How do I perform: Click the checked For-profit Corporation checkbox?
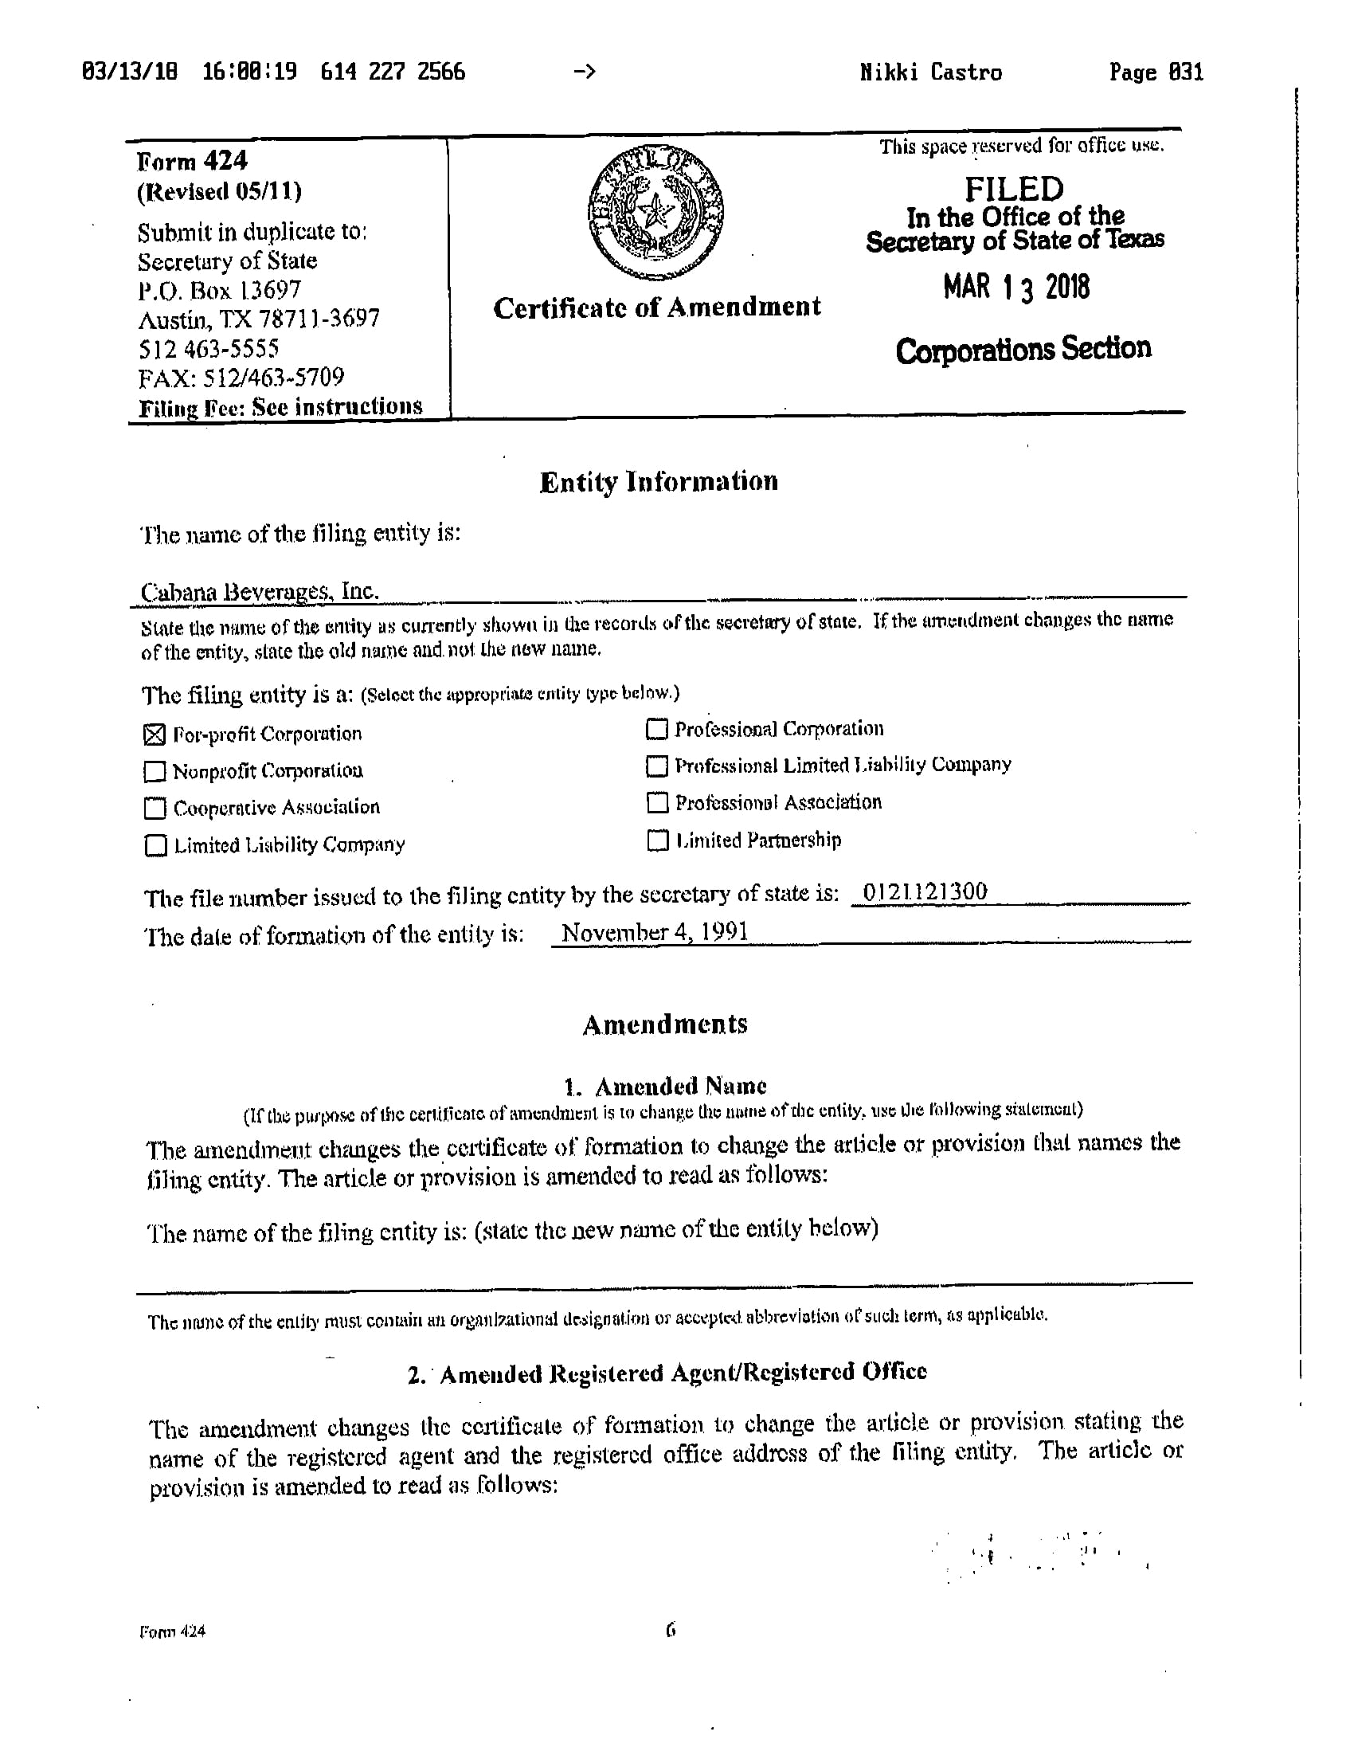click(x=154, y=734)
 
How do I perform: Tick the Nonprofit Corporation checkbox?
click(x=154, y=772)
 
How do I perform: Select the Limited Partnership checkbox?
click(x=657, y=840)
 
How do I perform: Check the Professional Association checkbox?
click(x=657, y=802)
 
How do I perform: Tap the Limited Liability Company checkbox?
click(x=155, y=845)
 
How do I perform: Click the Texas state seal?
click(x=655, y=212)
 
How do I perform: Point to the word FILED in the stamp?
click(x=1014, y=189)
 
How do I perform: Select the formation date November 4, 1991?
click(x=655, y=932)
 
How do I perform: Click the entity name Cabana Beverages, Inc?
click(x=259, y=591)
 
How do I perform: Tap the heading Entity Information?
click(x=659, y=482)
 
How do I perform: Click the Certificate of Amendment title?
click(x=657, y=308)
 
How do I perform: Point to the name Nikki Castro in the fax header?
click(x=931, y=73)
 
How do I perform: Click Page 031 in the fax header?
click(x=1156, y=73)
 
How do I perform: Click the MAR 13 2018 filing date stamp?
click(x=1016, y=287)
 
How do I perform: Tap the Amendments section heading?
click(x=665, y=1024)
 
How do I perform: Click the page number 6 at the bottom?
click(x=671, y=1630)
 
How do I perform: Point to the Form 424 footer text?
click(x=172, y=1632)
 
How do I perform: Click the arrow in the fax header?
click(x=585, y=72)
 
